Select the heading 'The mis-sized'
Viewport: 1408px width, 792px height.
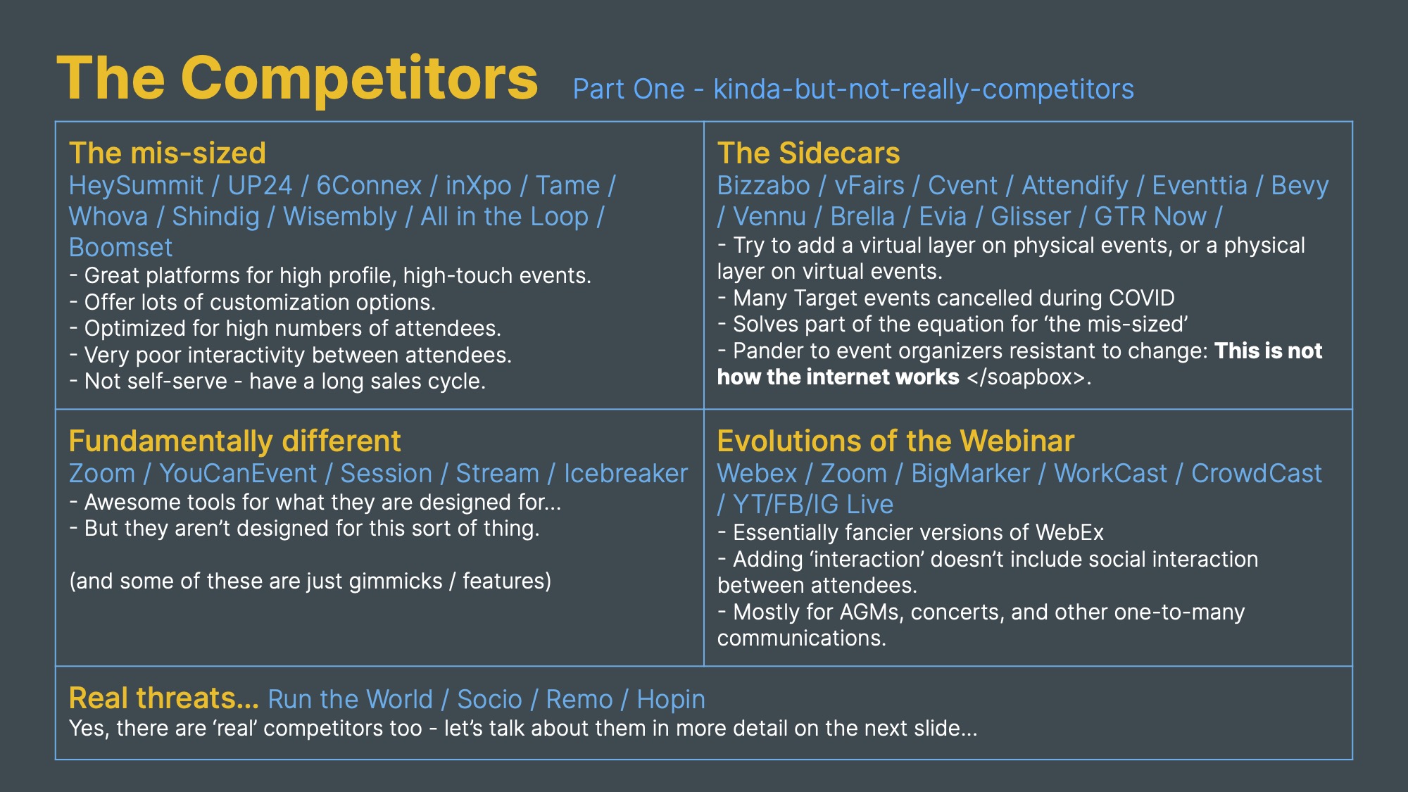click(168, 153)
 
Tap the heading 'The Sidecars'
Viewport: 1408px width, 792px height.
click(808, 153)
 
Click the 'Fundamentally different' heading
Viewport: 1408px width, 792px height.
click(235, 441)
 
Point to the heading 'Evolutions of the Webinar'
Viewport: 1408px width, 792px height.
click(895, 441)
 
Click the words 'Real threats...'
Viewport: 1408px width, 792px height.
click(163, 698)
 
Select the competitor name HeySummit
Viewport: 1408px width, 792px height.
click(136, 186)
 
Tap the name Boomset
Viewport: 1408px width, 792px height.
click(120, 248)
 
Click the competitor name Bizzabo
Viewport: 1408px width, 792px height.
click(764, 186)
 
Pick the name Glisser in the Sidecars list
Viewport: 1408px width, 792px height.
click(1031, 217)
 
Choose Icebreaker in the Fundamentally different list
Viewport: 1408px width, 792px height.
click(626, 474)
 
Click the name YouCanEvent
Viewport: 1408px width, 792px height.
click(238, 474)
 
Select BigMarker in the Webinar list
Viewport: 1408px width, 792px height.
click(971, 474)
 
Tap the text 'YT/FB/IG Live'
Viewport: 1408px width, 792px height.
click(813, 505)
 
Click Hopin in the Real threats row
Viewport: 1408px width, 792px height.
click(671, 700)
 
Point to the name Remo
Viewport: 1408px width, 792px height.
click(579, 700)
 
